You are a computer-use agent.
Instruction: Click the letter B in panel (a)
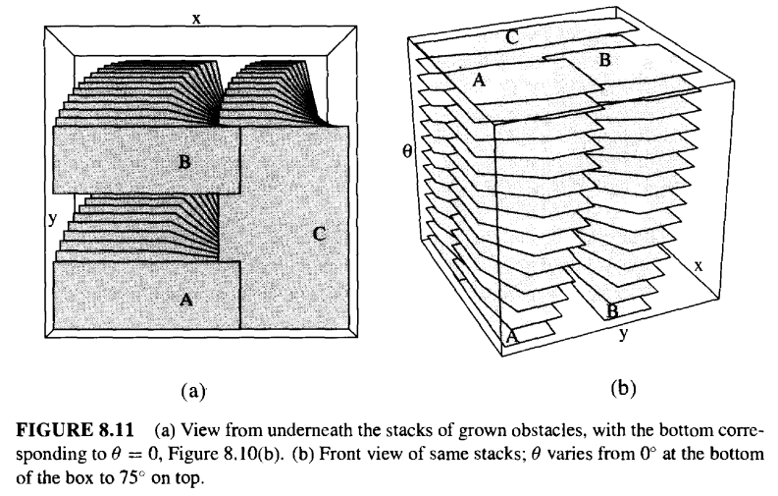[x=184, y=161]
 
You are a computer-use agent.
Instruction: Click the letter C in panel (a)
[x=320, y=234]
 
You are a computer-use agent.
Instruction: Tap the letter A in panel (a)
[x=186, y=300]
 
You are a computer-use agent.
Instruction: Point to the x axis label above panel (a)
[x=196, y=19]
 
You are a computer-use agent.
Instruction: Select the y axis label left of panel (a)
[x=53, y=218]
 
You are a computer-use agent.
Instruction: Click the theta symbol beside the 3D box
[x=407, y=151]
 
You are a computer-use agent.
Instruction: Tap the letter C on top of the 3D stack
[x=512, y=37]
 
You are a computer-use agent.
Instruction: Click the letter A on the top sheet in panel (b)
[x=479, y=80]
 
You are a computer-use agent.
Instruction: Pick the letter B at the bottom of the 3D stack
[x=612, y=311]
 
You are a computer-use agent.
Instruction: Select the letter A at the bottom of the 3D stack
[x=512, y=336]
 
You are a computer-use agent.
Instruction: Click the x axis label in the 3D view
[x=699, y=266]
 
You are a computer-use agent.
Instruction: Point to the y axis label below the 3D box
[x=623, y=334]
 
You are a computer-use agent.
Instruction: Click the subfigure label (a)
[x=193, y=391]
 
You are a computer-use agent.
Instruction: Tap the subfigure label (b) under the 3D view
[x=624, y=388]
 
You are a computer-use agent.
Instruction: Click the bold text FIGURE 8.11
[x=76, y=430]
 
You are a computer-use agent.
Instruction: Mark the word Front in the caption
[x=336, y=454]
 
